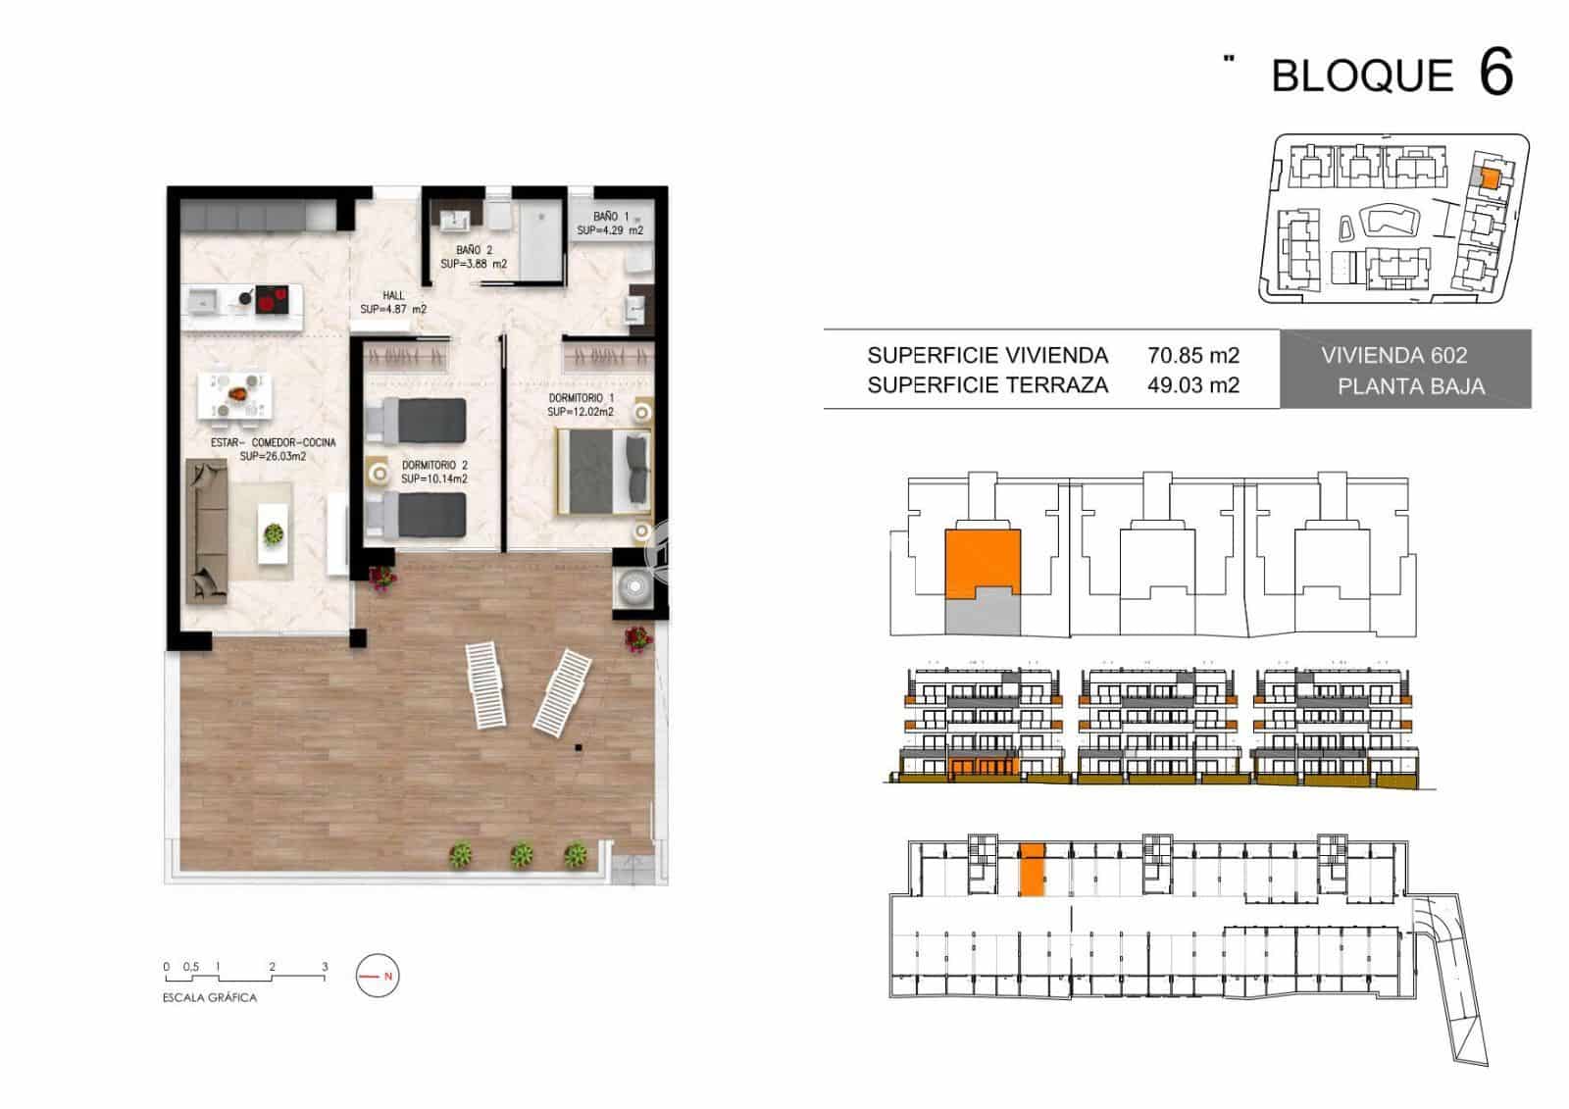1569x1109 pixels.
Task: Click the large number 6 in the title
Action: point(1496,73)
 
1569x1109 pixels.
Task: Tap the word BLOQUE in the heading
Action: point(1362,76)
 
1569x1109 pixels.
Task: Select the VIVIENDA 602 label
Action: point(1393,356)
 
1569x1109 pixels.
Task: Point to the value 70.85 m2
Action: point(1192,356)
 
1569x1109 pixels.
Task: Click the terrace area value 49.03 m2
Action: point(1192,385)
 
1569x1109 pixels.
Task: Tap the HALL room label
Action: point(393,296)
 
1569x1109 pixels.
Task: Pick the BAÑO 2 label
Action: point(475,250)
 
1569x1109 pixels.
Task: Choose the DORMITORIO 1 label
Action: point(581,398)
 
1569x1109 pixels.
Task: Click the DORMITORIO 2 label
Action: point(434,465)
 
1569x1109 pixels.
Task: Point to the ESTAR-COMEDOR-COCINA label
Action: point(274,443)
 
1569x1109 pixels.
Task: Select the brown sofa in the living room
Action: point(207,531)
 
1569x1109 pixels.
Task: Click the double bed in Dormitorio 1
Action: point(604,473)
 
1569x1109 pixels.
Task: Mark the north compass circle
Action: point(378,976)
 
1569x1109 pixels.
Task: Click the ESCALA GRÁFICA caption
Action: point(210,997)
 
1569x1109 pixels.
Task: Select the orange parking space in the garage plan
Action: point(1031,870)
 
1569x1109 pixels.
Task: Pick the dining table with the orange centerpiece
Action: point(234,396)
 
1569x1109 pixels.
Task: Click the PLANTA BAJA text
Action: point(1411,386)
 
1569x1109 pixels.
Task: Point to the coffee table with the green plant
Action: point(274,533)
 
